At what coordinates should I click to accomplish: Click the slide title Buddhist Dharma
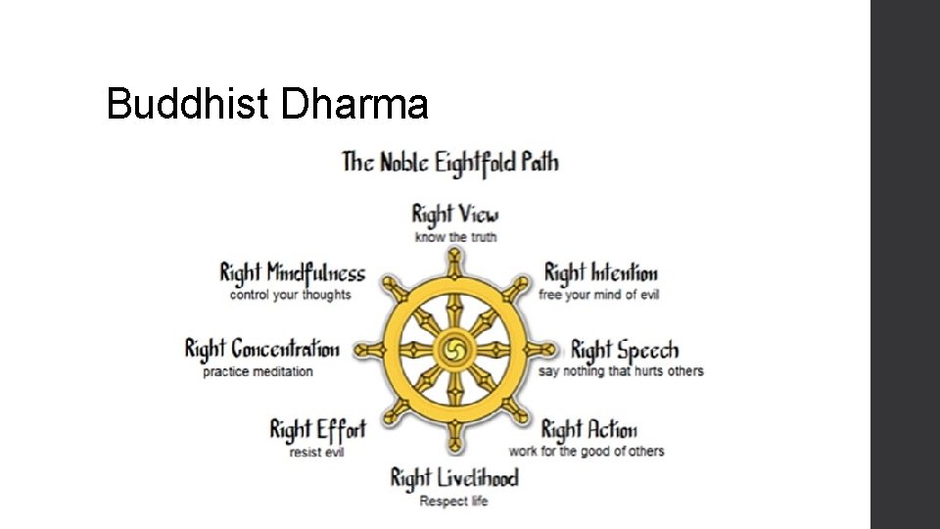coord(266,103)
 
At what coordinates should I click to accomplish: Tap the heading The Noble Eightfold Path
coord(450,162)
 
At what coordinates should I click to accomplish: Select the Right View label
coord(455,215)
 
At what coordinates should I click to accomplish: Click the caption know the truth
coord(455,237)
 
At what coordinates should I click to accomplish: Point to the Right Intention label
coord(600,273)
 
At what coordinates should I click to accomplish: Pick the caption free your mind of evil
coord(598,295)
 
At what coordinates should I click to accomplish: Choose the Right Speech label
coord(624,351)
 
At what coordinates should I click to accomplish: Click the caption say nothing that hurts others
coord(621,371)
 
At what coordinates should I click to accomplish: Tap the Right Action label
coord(588,430)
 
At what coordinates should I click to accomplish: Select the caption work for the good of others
coord(586,452)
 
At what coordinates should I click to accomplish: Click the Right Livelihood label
coord(454,478)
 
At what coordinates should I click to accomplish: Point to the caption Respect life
coord(453,502)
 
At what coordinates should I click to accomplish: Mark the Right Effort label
coord(317,430)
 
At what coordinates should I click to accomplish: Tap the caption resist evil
coord(316,452)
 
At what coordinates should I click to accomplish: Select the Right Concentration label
coord(261,350)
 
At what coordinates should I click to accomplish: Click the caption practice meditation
coord(258,371)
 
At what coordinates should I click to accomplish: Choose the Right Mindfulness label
coord(292,273)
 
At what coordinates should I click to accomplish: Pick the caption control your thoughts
coord(290,295)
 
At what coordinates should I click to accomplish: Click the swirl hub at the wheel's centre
coord(455,350)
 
